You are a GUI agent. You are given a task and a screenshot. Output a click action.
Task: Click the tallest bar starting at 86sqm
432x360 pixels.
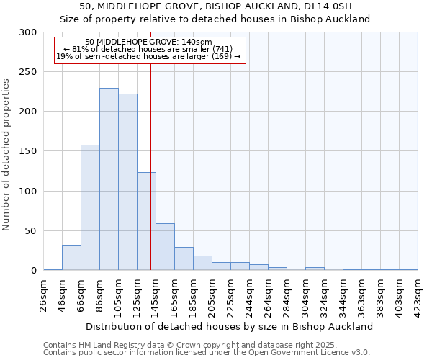pyautogui.click(x=109, y=179)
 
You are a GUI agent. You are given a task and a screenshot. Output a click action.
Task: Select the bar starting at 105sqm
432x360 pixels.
pyautogui.click(x=127, y=182)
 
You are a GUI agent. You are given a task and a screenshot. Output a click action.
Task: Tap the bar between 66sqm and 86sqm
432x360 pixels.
pyautogui.click(x=90, y=207)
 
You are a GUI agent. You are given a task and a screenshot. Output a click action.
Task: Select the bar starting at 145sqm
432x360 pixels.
pyautogui.click(x=165, y=247)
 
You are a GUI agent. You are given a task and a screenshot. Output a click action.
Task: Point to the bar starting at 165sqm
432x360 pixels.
pyautogui.click(x=184, y=258)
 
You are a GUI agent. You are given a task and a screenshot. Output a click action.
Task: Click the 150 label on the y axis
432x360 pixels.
pyautogui.click(x=28, y=151)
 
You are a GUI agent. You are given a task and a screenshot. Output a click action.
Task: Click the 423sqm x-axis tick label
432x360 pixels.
pyautogui.click(x=418, y=294)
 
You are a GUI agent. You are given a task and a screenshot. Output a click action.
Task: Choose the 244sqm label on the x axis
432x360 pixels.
pyautogui.click(x=250, y=294)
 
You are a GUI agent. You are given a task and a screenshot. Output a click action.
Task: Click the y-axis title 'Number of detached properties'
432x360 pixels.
pyautogui.click(x=6, y=154)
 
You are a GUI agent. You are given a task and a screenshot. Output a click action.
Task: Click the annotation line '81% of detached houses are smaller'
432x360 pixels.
pyautogui.click(x=148, y=49)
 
